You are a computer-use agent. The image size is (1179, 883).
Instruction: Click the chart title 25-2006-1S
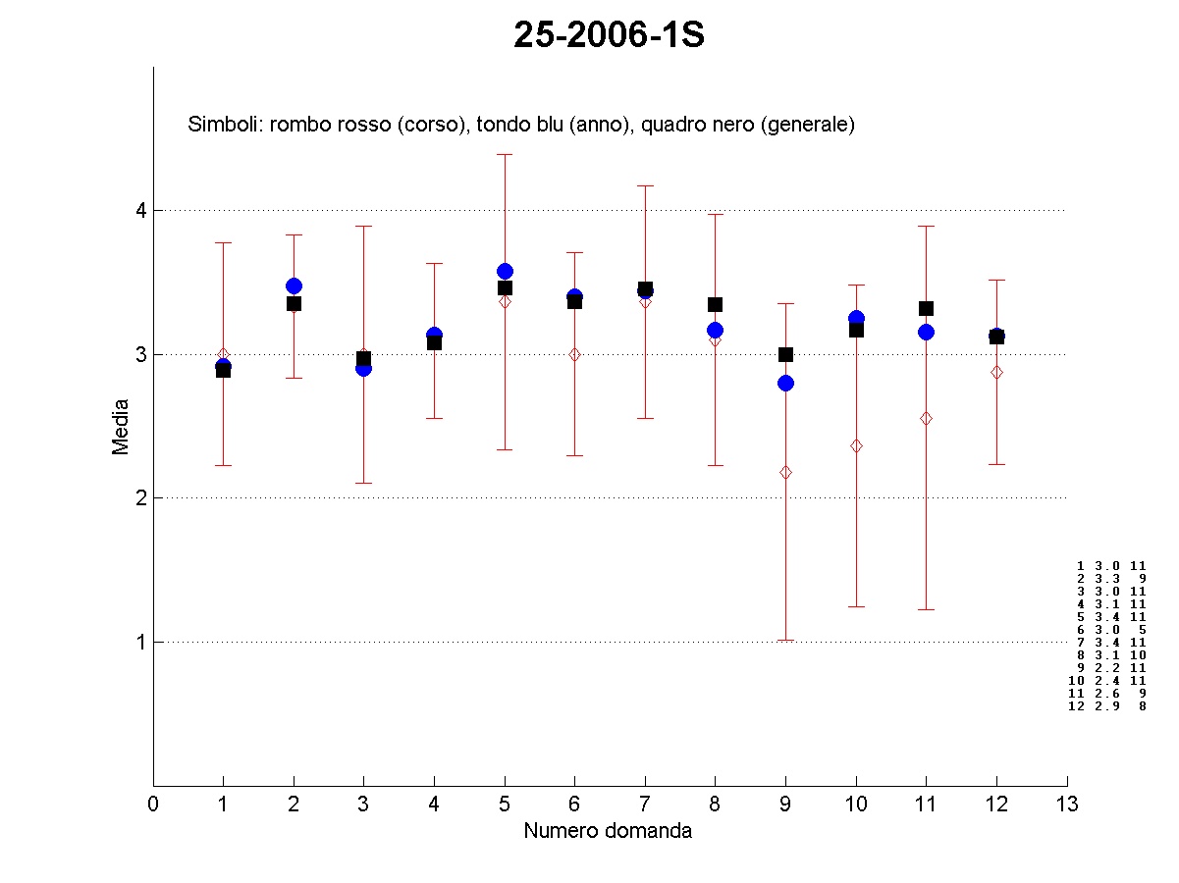coord(609,36)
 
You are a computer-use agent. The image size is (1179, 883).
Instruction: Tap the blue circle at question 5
coord(505,271)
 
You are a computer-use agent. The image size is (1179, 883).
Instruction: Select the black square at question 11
coord(926,308)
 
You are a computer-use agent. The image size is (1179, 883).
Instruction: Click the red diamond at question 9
coord(785,472)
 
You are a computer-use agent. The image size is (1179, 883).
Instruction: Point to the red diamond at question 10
coord(856,445)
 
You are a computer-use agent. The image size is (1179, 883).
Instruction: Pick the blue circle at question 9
coord(785,383)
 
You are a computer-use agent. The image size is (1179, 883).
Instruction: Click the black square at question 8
coord(716,304)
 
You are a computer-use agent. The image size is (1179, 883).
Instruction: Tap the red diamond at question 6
coord(575,354)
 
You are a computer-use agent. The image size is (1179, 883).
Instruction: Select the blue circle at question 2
coord(294,286)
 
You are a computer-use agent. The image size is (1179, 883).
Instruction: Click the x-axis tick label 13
coord(1067,805)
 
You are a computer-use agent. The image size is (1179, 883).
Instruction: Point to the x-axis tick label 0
coord(153,805)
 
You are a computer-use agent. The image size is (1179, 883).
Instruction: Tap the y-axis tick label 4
coord(140,210)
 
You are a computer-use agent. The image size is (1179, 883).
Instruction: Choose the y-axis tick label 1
coord(140,642)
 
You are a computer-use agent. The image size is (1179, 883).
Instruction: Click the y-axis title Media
coord(121,426)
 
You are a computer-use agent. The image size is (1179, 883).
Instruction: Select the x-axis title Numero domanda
coord(608,831)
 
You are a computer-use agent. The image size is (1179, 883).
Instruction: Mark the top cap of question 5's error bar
coord(505,154)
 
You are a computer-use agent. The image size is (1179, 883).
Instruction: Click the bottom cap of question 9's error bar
coord(785,640)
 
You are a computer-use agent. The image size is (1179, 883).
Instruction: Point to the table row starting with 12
coord(1106,705)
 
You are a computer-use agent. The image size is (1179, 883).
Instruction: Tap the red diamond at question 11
coord(926,418)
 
